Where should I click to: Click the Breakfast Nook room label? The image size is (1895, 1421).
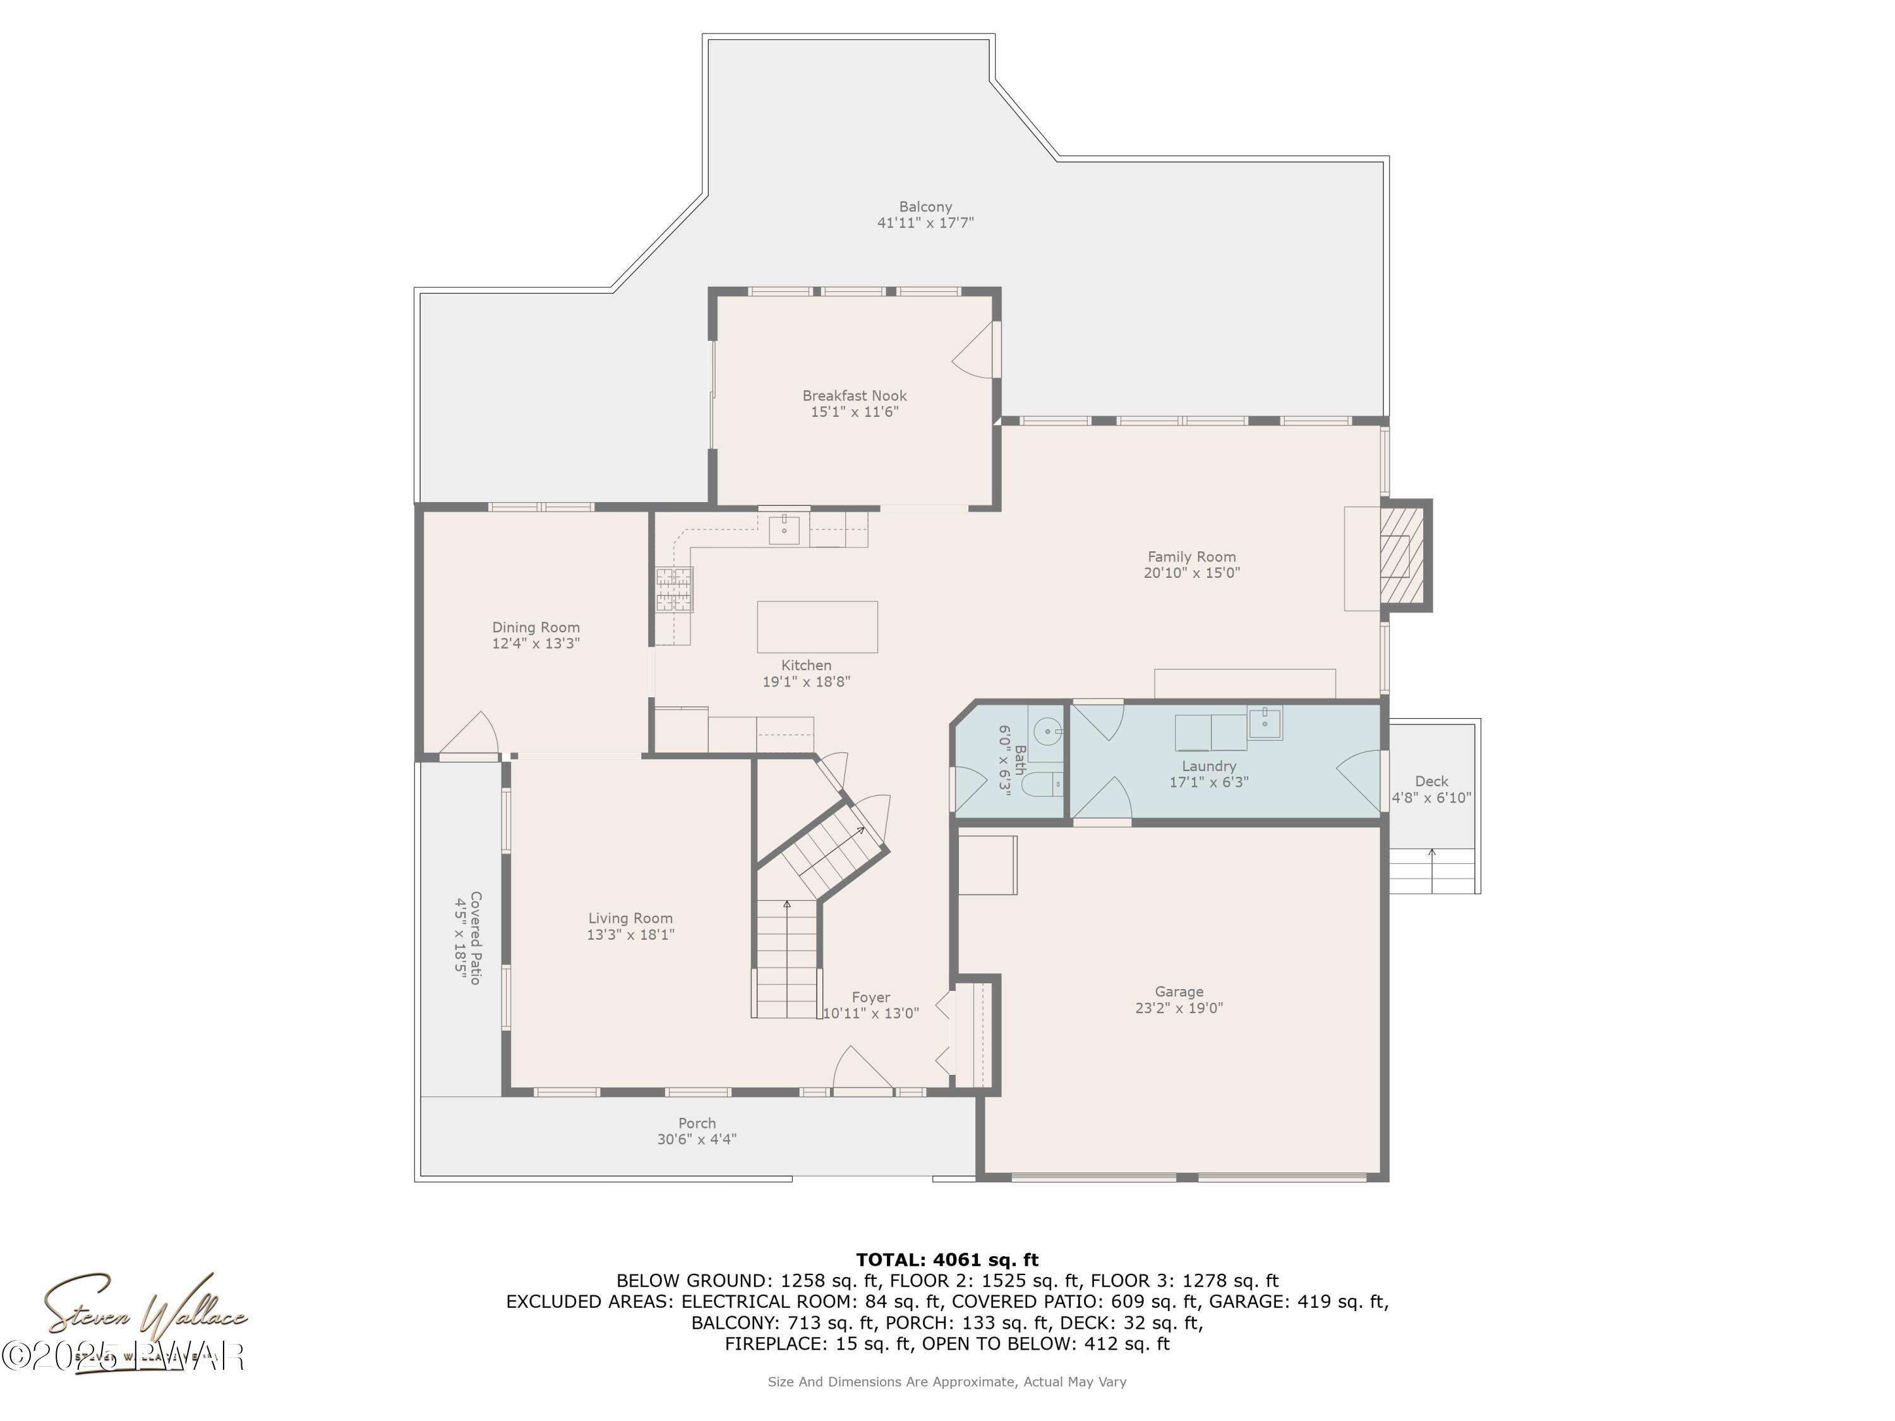click(x=854, y=396)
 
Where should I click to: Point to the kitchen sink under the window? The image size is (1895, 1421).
click(x=784, y=529)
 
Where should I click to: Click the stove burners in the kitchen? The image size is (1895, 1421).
click(x=673, y=589)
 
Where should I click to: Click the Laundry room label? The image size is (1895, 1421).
click(x=1208, y=765)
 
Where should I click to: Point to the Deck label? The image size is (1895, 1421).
click(x=1431, y=781)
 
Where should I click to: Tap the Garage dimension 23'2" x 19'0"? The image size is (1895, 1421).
click(x=1179, y=1008)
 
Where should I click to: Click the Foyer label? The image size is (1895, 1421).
click(x=870, y=997)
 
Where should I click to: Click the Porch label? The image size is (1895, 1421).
click(x=697, y=1123)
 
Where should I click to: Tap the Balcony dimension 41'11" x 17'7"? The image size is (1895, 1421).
click(x=925, y=223)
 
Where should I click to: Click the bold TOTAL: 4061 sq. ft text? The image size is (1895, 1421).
click(x=947, y=1260)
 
